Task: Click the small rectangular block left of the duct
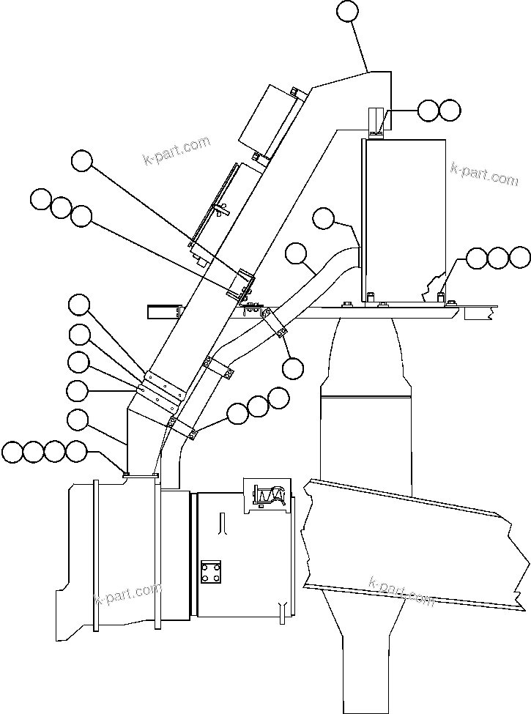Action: pyautogui.click(x=163, y=311)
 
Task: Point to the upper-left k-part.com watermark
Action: pyautogui.click(x=177, y=152)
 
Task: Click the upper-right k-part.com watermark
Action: pyautogui.click(x=484, y=174)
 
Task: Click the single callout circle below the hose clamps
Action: pyautogui.click(x=292, y=368)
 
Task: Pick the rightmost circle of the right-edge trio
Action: pyautogui.click(x=519, y=257)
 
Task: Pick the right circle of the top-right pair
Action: pyautogui.click(x=450, y=111)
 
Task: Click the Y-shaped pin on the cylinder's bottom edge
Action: pyautogui.click(x=282, y=609)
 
